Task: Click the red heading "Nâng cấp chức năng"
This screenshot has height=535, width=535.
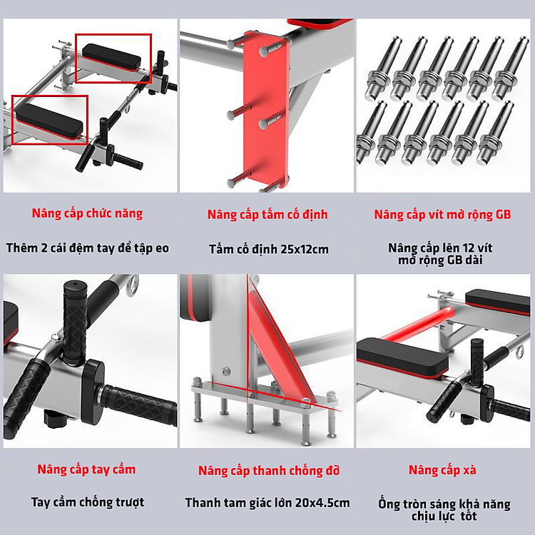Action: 87,213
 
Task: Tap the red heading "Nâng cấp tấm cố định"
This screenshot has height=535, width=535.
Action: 267,215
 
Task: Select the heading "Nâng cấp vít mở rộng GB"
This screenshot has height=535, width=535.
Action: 442,215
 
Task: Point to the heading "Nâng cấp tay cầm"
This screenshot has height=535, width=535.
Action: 86,469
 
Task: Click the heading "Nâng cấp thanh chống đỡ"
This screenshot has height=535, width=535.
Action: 269,471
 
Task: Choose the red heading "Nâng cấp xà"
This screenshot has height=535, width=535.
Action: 442,470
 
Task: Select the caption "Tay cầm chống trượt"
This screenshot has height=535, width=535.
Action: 88,502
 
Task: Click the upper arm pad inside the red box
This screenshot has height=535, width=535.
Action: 111,57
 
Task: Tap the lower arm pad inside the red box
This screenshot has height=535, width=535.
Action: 49,121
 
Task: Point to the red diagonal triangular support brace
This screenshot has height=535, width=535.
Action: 281,345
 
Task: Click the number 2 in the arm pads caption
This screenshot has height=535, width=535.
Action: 44,248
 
